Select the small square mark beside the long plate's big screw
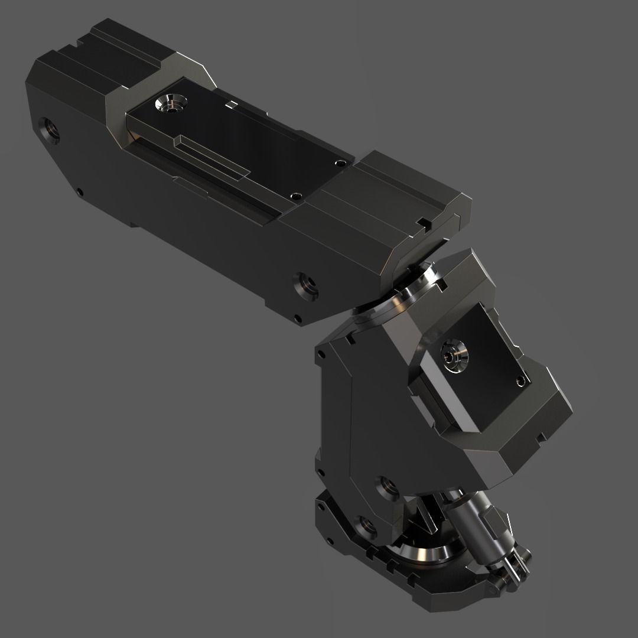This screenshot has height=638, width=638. (x=228, y=105)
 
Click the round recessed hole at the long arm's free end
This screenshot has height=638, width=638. (x=50, y=130)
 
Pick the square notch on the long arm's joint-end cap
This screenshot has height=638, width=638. (x=422, y=222)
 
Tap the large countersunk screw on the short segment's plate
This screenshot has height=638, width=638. (x=455, y=354)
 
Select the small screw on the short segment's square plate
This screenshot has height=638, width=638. (x=520, y=380)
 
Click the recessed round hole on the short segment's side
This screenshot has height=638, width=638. (x=387, y=487)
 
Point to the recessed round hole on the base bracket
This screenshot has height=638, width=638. (x=366, y=528)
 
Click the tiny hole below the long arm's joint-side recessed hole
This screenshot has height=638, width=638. (x=298, y=319)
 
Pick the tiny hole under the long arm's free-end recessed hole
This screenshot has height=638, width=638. (x=80, y=191)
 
